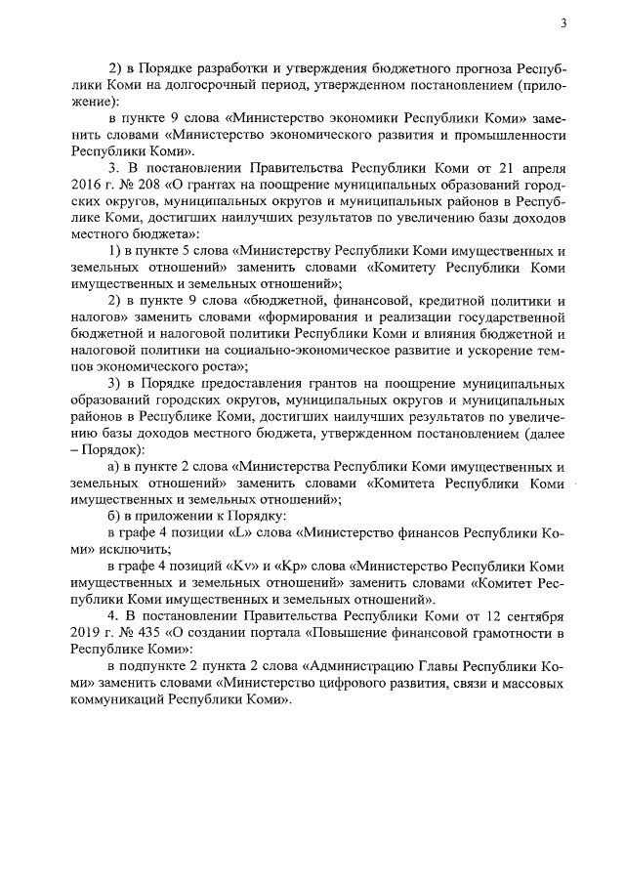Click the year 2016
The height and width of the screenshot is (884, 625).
tap(89, 184)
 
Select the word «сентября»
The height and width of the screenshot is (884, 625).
tap(533, 617)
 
